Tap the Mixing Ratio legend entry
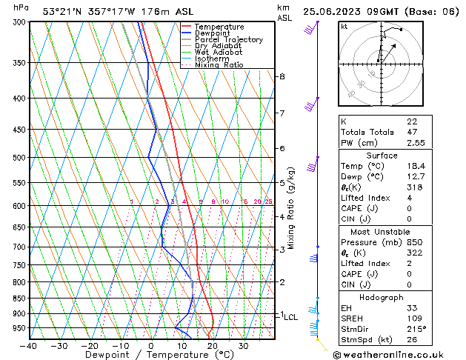point(215,65)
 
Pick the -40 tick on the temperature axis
point(30,346)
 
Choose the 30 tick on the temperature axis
point(244,346)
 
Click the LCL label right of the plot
point(291,317)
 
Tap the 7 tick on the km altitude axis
point(282,113)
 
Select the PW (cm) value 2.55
point(416,143)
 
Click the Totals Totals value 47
point(412,132)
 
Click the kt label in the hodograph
point(344,26)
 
